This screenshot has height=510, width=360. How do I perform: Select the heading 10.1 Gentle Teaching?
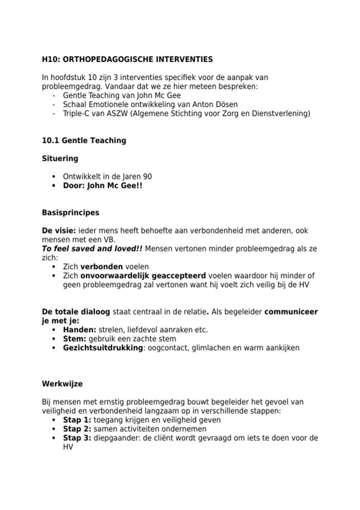pyautogui.click(x=84, y=140)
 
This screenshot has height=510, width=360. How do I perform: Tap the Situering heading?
pyautogui.click(x=60, y=158)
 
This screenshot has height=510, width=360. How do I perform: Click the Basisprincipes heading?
pyautogui.click(x=70, y=213)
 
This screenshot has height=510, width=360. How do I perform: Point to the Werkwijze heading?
pyautogui.click(x=62, y=384)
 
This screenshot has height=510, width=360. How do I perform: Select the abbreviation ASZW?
pyautogui.click(x=117, y=114)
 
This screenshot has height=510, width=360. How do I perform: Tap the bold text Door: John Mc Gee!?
pyautogui.click(x=103, y=186)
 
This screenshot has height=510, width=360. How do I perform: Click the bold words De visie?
pyautogui.click(x=59, y=231)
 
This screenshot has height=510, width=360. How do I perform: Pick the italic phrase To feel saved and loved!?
pyautogui.click(x=92, y=249)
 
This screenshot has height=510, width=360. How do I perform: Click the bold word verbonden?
pyautogui.click(x=102, y=267)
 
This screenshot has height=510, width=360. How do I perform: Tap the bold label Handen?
pyautogui.click(x=79, y=330)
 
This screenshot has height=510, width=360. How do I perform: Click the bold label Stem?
pyautogui.click(x=74, y=339)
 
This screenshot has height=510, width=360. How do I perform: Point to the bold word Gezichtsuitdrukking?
pyautogui.click(x=103, y=348)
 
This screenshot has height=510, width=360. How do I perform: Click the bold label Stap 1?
pyautogui.click(x=77, y=420)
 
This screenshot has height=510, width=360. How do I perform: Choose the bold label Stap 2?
pyautogui.click(x=77, y=429)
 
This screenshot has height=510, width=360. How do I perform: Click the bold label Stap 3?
pyautogui.click(x=77, y=438)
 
